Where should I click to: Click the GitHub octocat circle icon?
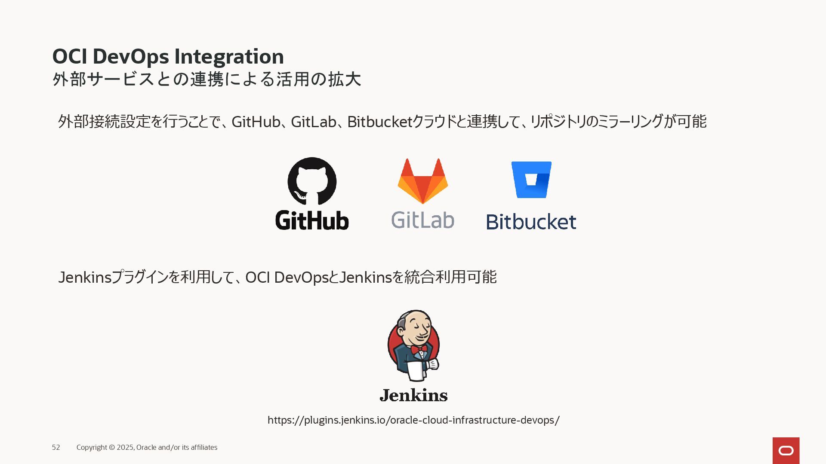(312, 181)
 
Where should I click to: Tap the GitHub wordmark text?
(312, 220)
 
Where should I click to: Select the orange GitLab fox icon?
(422, 181)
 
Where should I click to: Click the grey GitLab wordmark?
(422, 220)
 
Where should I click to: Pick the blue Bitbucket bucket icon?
(531, 180)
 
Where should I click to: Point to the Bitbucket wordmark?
(531, 222)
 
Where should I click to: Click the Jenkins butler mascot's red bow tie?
(419, 349)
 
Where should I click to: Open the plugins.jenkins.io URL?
(413, 420)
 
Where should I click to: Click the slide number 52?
(56, 448)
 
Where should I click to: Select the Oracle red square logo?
(786, 450)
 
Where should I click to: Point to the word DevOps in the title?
(130, 57)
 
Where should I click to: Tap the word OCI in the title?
(69, 57)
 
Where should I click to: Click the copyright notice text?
(147, 448)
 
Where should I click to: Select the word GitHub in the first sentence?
(256, 122)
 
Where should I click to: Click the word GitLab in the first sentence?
(313, 122)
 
